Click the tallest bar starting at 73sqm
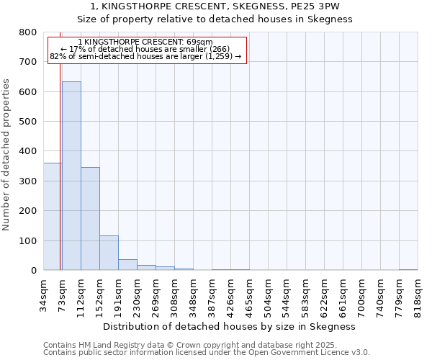71,176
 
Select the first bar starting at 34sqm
52,217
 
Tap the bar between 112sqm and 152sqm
90,219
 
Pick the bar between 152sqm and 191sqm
109,253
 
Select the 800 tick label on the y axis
28,32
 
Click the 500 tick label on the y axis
28,122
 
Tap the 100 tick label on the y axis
28,240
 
